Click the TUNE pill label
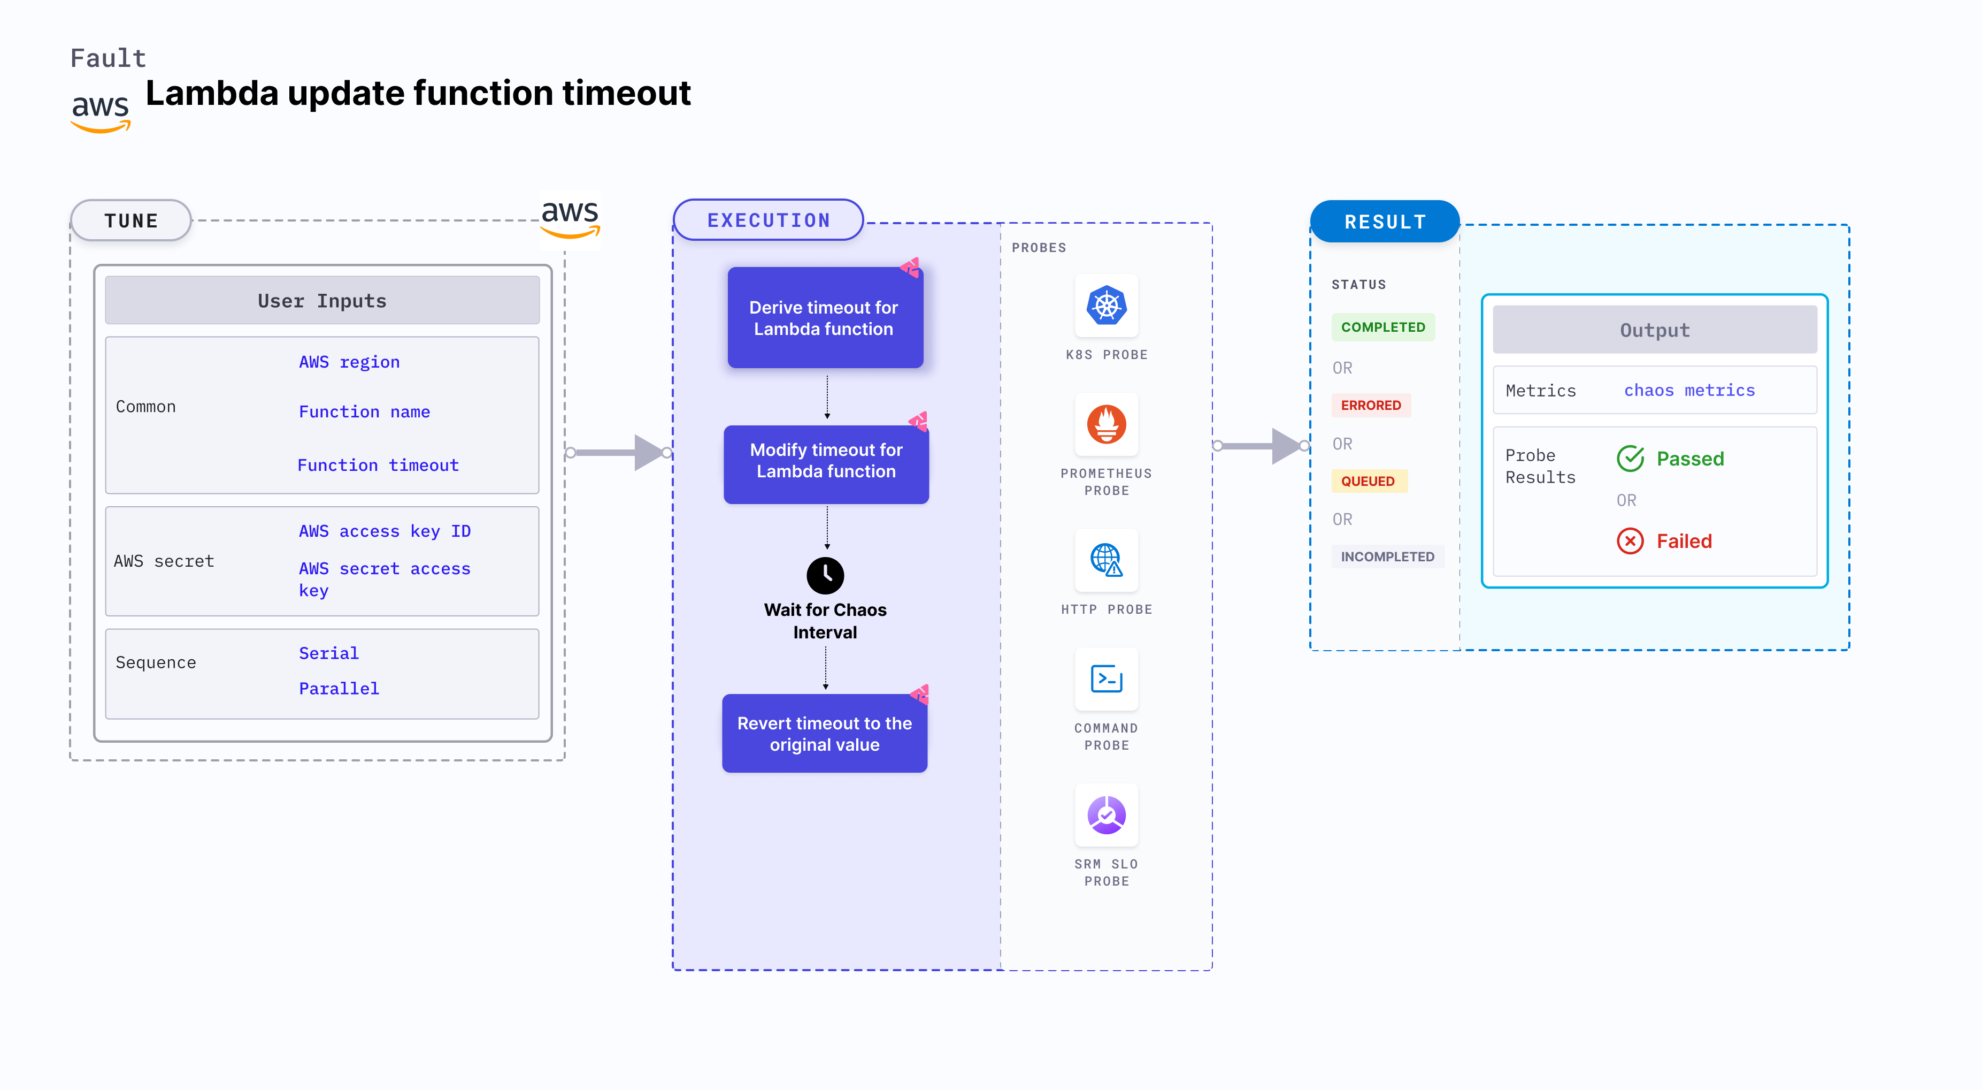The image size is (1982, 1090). [x=131, y=221]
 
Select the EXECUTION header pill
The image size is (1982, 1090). [x=768, y=220]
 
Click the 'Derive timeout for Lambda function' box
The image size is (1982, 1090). [x=824, y=318]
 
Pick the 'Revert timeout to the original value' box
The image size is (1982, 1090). [x=824, y=734]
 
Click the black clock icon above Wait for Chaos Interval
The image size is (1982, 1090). [x=825, y=575]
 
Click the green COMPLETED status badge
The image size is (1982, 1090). [x=1382, y=327]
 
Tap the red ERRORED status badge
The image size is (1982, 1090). [x=1370, y=405]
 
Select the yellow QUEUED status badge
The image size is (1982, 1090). [x=1368, y=481]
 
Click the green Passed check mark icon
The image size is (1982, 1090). [x=1630, y=459]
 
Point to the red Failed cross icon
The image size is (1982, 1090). [x=1630, y=541]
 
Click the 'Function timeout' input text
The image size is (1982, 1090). [x=378, y=465]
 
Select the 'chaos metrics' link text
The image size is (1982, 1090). [x=1689, y=390]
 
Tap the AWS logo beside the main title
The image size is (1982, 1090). [x=100, y=110]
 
